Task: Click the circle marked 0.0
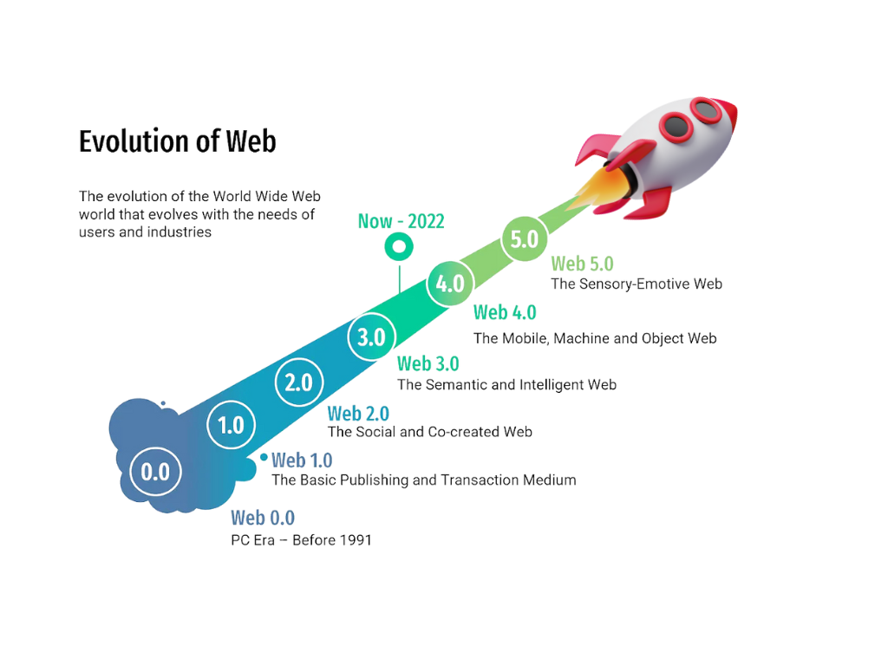(156, 471)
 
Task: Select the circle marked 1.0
(231, 425)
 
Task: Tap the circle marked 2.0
(299, 382)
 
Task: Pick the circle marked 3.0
(371, 337)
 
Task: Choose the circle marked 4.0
(450, 284)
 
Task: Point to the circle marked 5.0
(525, 238)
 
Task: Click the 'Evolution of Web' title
(177, 141)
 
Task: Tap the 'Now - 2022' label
(401, 221)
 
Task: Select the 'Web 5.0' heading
(582, 264)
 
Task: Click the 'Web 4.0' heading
(505, 312)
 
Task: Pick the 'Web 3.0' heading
(428, 363)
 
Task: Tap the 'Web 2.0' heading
(358, 413)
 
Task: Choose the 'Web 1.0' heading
(302, 460)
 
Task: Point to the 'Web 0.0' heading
(263, 518)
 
